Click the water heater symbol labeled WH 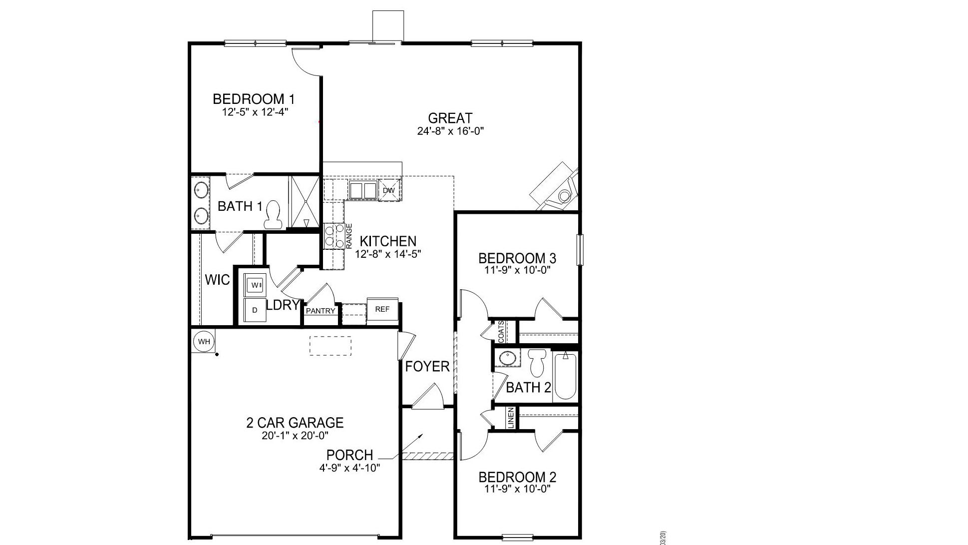pyautogui.click(x=204, y=342)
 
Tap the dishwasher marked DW pyautogui.click(x=389, y=190)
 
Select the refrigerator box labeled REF pyautogui.click(x=382, y=309)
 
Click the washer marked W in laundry pyautogui.click(x=256, y=285)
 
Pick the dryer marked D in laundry pyautogui.click(x=255, y=310)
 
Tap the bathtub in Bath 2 pyautogui.click(x=565, y=376)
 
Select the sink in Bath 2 pyautogui.click(x=507, y=358)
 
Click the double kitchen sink pyautogui.click(x=363, y=190)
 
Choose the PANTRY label pyautogui.click(x=321, y=311)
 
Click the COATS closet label pyautogui.click(x=501, y=332)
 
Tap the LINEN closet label pyautogui.click(x=511, y=418)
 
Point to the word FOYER pyautogui.click(x=427, y=367)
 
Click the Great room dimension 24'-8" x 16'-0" pyautogui.click(x=451, y=131)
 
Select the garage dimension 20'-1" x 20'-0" pyautogui.click(x=295, y=436)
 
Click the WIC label pyautogui.click(x=218, y=280)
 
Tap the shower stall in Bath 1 pyautogui.click(x=305, y=202)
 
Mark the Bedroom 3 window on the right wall pyautogui.click(x=580, y=250)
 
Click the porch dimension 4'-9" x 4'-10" pyautogui.click(x=350, y=468)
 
